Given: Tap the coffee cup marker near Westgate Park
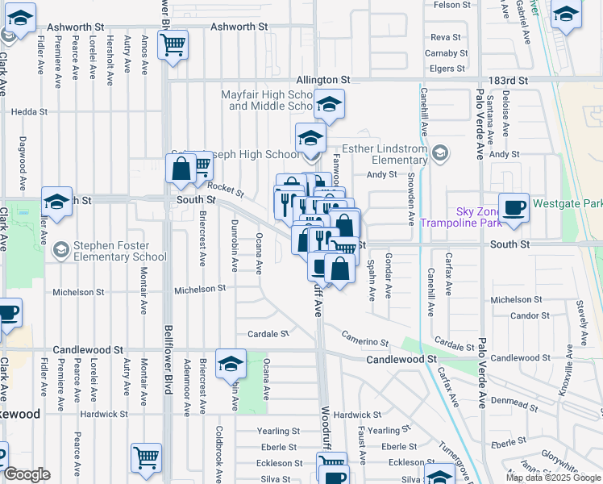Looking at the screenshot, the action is tap(514, 208).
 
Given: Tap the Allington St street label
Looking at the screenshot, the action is tap(323, 81).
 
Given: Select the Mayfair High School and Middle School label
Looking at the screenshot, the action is tap(268, 100).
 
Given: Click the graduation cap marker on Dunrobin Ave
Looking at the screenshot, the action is tap(231, 365).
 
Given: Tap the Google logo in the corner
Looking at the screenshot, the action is tap(27, 474).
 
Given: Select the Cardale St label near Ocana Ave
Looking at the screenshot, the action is tap(268, 334).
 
